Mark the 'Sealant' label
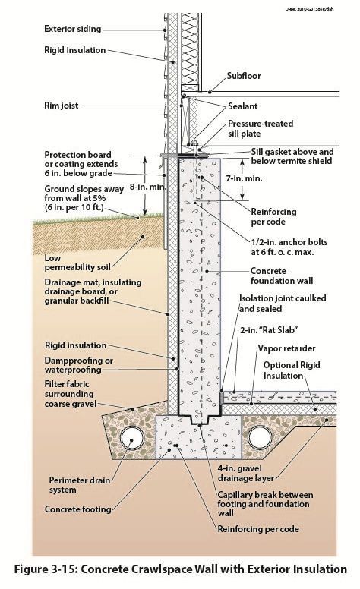[x=247, y=107]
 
